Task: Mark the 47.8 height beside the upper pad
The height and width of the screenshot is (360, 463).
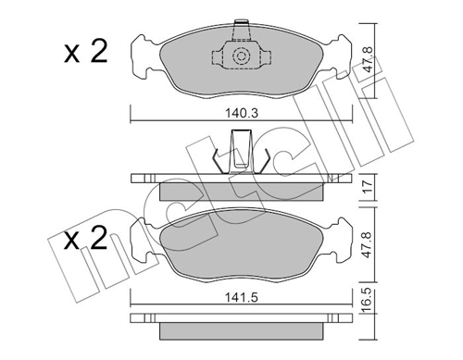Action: (x=367, y=65)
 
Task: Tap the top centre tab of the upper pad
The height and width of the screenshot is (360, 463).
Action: (x=241, y=25)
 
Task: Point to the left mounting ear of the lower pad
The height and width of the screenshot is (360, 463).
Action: (x=144, y=243)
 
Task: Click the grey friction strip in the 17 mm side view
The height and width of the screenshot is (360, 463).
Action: (x=241, y=191)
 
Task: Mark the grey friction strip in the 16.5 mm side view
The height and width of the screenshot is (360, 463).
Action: (x=241, y=330)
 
